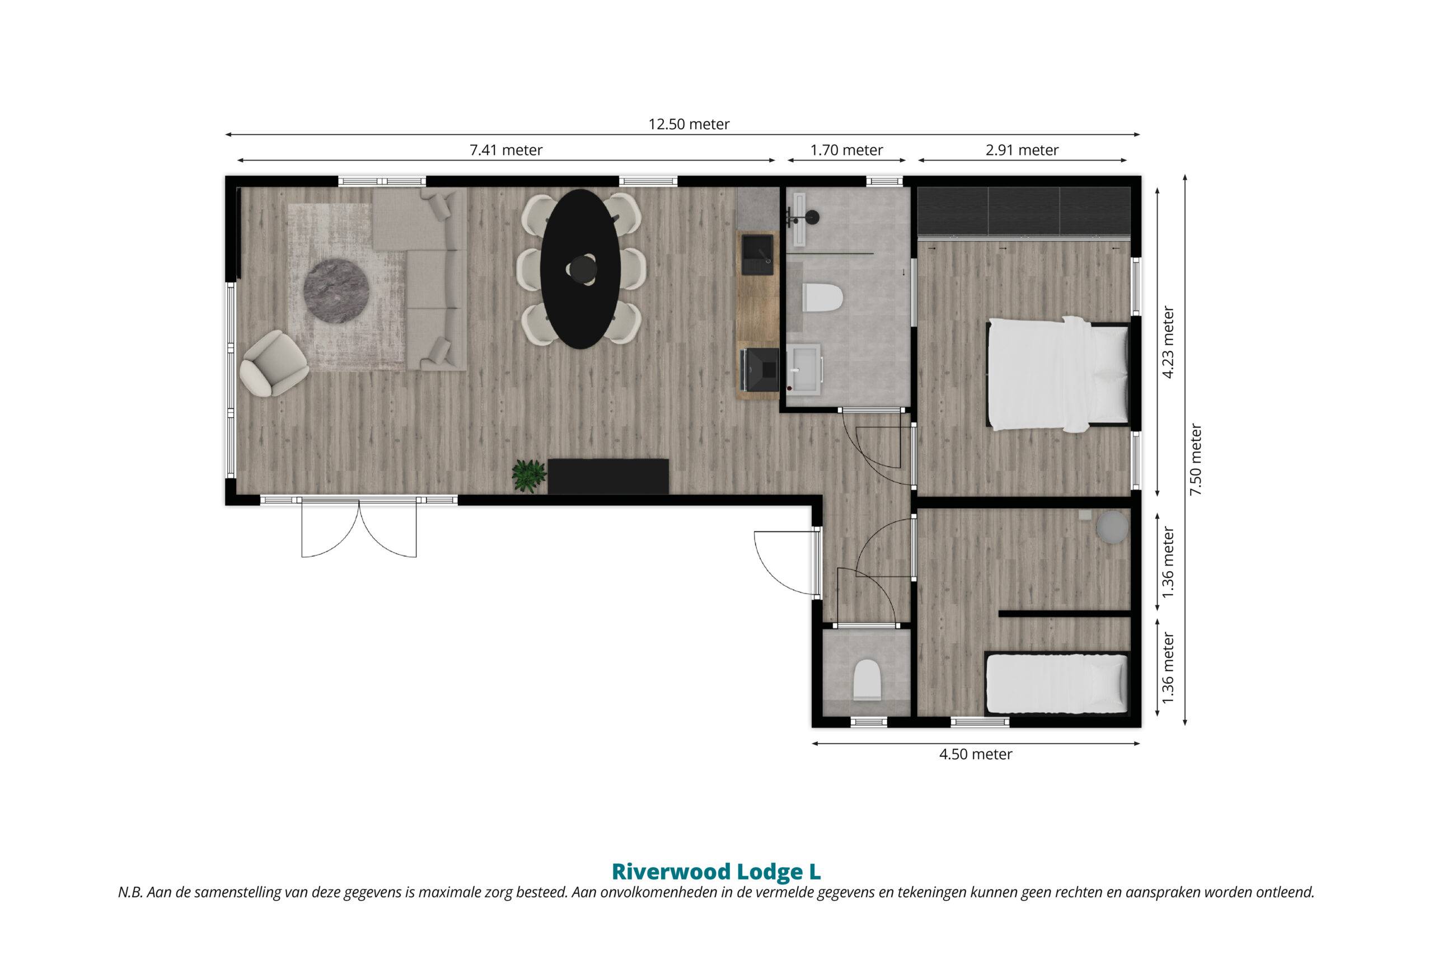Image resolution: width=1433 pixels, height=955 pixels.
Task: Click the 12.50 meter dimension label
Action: click(x=689, y=124)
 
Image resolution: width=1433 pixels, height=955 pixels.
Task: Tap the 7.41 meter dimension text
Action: click(x=505, y=150)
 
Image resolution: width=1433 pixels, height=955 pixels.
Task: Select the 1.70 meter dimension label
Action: click(x=846, y=150)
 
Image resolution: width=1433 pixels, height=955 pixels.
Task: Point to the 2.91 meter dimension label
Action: click(x=1022, y=150)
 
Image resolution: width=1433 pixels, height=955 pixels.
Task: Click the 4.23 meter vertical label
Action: click(x=1167, y=342)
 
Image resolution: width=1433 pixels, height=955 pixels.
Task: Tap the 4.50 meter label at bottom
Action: click(x=976, y=754)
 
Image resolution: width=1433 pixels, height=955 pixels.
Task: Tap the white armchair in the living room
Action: click(x=273, y=364)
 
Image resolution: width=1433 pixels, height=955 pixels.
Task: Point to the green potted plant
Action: click(x=528, y=476)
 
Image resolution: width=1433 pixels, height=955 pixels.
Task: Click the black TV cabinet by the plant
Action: click(x=608, y=476)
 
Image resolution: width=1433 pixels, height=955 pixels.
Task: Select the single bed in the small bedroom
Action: click(x=1056, y=683)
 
